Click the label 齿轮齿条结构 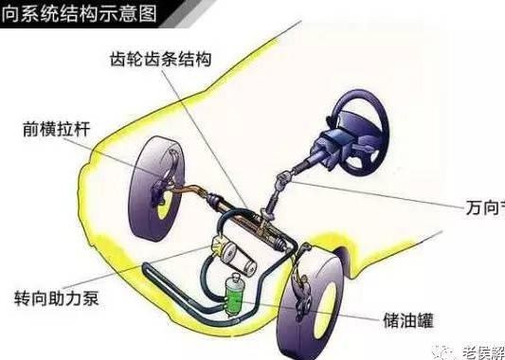(164, 58)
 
